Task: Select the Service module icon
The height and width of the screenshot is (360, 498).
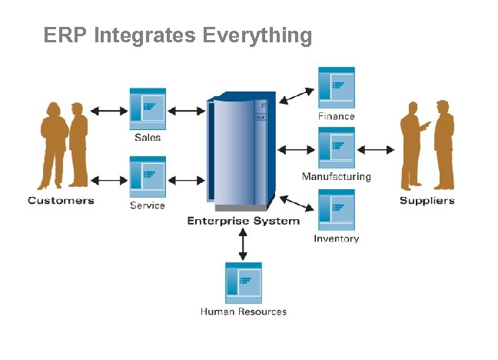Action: pyautogui.click(x=148, y=178)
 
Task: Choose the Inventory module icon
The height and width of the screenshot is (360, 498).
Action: pyautogui.click(x=336, y=209)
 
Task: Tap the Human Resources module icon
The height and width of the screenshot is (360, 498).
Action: pyautogui.click(x=243, y=282)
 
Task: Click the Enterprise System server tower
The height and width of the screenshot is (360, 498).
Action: pyautogui.click(x=241, y=150)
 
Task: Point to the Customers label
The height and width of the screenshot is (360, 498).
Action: pyautogui.click(x=61, y=201)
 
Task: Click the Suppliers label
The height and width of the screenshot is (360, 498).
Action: pyautogui.click(x=427, y=201)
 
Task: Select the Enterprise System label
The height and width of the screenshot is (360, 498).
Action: pyautogui.click(x=244, y=222)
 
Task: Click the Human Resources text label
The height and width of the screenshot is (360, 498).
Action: pyautogui.click(x=243, y=312)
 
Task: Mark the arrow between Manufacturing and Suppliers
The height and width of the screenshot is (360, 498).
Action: pyautogui.click(x=376, y=149)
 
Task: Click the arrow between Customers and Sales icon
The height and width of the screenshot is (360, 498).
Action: pyautogui.click(x=110, y=111)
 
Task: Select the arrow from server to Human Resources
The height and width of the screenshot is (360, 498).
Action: pyautogui.click(x=244, y=244)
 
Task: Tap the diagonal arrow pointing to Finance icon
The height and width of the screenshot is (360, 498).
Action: pyautogui.click(x=297, y=95)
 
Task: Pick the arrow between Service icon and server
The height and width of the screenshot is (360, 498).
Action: pyautogui.click(x=185, y=180)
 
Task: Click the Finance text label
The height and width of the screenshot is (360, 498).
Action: pyautogui.click(x=337, y=116)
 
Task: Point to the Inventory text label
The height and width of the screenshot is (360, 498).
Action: pyautogui.click(x=336, y=238)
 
